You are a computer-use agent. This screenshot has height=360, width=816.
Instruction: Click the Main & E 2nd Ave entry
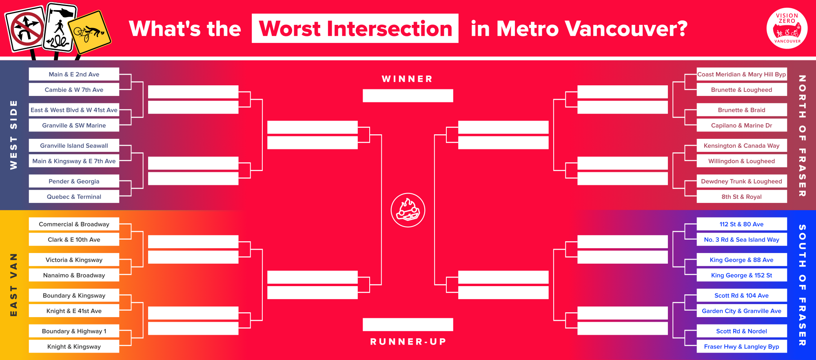point(74,74)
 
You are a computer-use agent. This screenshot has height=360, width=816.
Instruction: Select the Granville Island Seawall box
point(74,146)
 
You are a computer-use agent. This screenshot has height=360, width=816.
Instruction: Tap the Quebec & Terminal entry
point(74,197)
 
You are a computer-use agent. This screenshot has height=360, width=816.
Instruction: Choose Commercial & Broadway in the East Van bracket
point(74,224)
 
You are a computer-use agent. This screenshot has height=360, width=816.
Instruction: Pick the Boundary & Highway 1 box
point(74,331)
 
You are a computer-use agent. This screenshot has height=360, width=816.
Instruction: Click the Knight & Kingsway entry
point(74,347)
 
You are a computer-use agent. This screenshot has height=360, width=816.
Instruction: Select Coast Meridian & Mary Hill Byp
point(742,74)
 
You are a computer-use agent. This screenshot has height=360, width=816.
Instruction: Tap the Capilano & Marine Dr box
point(742,125)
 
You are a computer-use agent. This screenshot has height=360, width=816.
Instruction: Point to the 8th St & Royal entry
point(742,197)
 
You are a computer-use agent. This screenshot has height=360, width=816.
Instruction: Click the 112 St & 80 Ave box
point(742,224)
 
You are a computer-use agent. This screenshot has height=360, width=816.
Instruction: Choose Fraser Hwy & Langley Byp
point(742,347)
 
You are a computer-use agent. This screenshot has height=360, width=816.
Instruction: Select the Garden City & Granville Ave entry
point(742,311)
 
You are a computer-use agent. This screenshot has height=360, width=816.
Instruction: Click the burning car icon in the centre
point(408,210)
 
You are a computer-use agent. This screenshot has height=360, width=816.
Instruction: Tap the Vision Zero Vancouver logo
point(787,29)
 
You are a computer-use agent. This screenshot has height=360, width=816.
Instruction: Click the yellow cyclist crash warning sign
point(89,33)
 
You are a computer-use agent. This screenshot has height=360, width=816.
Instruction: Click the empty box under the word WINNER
point(408,96)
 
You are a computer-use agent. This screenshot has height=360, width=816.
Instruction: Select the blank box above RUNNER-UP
point(408,324)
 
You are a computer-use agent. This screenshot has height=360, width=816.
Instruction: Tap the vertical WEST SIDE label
point(13,135)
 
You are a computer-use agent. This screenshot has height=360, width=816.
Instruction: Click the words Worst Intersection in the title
point(355,29)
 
